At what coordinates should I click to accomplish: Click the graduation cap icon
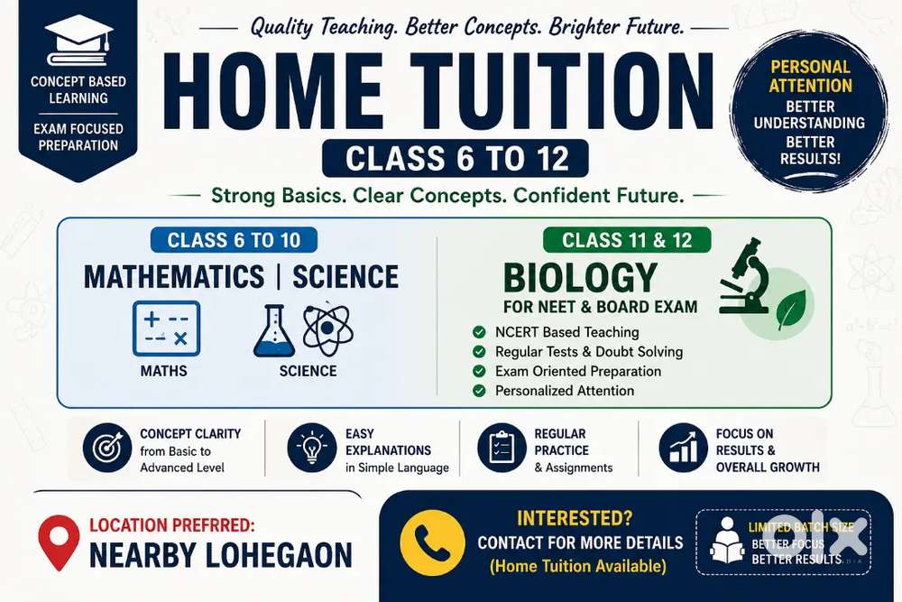78,41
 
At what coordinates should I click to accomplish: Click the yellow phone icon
432,542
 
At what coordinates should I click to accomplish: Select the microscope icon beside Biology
744,276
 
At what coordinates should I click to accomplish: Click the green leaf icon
791,309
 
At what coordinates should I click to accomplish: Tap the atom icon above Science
327,329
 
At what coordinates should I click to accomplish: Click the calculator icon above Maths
166,328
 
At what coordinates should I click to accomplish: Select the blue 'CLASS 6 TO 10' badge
234,240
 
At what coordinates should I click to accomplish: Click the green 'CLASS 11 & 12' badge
627,240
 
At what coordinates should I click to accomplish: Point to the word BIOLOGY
580,278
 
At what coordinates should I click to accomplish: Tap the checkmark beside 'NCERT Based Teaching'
479,332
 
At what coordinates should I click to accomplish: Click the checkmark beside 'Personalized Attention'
479,391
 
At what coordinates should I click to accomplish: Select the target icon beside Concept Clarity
107,448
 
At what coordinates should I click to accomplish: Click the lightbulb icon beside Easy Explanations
312,448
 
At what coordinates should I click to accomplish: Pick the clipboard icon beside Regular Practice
502,448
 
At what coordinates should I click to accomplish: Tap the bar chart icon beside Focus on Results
684,448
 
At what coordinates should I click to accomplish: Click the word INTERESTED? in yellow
574,519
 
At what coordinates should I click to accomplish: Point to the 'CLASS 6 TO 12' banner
456,158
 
